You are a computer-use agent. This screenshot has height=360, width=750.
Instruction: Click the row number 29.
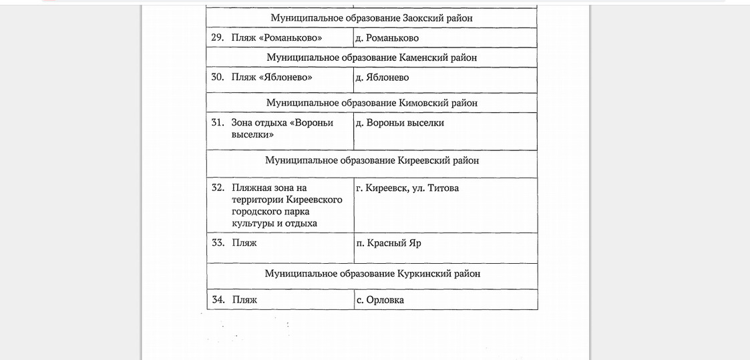pyautogui.click(x=217, y=37)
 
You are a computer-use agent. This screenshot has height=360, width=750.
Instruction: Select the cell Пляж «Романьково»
pyautogui.click(x=276, y=37)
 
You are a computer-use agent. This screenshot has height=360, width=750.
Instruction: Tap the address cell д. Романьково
pyautogui.click(x=387, y=38)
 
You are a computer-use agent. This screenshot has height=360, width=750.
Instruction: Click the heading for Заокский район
pyautogui.click(x=371, y=18)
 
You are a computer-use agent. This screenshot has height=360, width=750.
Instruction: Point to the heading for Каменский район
pyautogui.click(x=371, y=57)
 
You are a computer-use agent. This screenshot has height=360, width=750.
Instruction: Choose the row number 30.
pyautogui.click(x=217, y=77)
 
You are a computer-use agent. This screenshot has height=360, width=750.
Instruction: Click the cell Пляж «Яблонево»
pyautogui.click(x=272, y=77)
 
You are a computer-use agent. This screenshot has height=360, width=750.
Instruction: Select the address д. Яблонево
pyautogui.click(x=383, y=77)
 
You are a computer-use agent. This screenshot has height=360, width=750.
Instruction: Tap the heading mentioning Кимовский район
pyautogui.click(x=372, y=103)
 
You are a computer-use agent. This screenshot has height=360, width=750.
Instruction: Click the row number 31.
pyautogui.click(x=217, y=123)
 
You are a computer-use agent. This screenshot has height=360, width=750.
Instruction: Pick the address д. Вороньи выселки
pyautogui.click(x=400, y=123)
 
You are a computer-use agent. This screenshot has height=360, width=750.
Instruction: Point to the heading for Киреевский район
pyautogui.click(x=372, y=160)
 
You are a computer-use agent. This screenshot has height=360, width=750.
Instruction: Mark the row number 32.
pyautogui.click(x=218, y=188)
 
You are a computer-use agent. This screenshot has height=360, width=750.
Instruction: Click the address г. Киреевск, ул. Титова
pyautogui.click(x=408, y=188)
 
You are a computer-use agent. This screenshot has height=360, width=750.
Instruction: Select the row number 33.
pyautogui.click(x=218, y=242)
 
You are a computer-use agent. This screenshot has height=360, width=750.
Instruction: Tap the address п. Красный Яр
pyautogui.click(x=389, y=243)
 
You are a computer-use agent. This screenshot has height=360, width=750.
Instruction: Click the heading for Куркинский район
pyautogui.click(x=372, y=274)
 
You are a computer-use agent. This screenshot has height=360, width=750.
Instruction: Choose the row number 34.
pyautogui.click(x=218, y=299)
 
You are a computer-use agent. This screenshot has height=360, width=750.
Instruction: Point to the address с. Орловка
pyautogui.click(x=380, y=300)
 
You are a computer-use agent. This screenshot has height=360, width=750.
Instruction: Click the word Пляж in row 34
pyautogui.click(x=244, y=300)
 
